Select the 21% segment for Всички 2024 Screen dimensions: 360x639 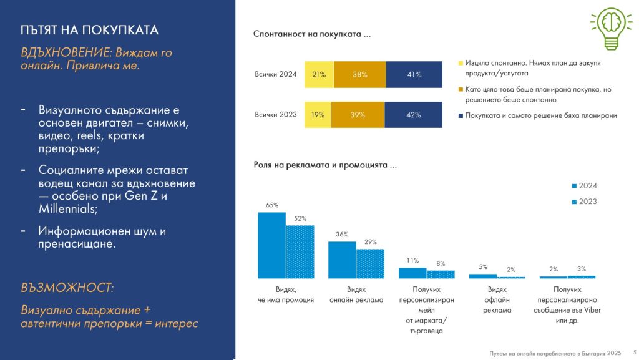[x=319, y=75]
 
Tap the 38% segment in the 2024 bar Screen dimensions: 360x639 [x=359, y=75]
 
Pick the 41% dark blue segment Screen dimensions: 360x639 [x=414, y=75]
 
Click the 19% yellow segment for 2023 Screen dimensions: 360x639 [x=318, y=115]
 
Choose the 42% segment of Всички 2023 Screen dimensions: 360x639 [x=413, y=115]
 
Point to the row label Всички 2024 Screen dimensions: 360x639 [x=276, y=75]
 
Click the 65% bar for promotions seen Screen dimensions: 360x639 [x=271, y=245]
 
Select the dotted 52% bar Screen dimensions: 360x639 [x=300, y=251]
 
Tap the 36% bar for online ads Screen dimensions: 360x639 [x=342, y=260]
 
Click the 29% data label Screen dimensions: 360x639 [x=371, y=241]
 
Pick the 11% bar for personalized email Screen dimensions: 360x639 [x=412, y=273]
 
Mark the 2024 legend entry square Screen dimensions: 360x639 [x=574, y=186]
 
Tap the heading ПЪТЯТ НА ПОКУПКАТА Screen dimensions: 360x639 [x=89, y=30]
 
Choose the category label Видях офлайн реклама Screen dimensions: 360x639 [x=497, y=299]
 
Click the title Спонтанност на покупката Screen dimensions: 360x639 [x=312, y=34]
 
